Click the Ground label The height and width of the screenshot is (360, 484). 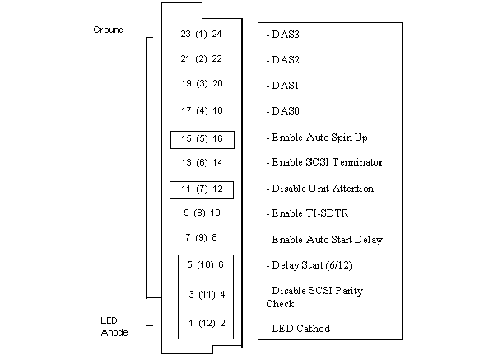click(x=109, y=30)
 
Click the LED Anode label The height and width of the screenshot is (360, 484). click(x=114, y=326)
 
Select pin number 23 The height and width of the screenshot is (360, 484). click(x=186, y=34)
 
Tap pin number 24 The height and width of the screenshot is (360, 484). click(x=216, y=34)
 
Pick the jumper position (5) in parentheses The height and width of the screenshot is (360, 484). click(x=202, y=138)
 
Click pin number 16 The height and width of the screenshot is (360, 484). click(x=217, y=138)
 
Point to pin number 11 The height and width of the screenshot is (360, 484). click(x=186, y=189)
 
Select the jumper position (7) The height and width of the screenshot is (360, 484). click(x=202, y=189)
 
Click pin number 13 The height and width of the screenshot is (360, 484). click(x=186, y=162)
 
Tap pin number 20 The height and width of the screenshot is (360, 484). click(x=217, y=83)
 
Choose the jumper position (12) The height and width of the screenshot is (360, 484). click(x=207, y=324)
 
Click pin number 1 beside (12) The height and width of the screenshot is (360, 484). click(x=191, y=323)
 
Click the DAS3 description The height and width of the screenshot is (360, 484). click(x=283, y=35)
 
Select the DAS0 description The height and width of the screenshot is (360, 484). click(x=283, y=111)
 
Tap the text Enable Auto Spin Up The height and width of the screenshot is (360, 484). click(x=317, y=138)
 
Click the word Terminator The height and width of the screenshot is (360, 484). click(x=357, y=162)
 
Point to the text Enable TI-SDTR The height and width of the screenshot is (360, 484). click(x=308, y=213)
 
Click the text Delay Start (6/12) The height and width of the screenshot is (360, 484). click(x=309, y=265)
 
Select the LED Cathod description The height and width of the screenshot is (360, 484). click(x=298, y=329)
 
